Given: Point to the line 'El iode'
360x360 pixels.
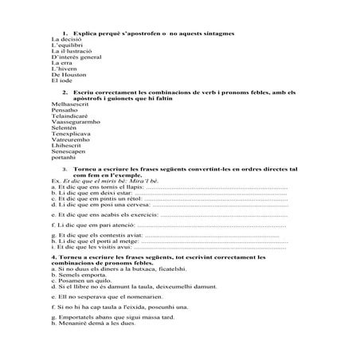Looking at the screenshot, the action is [x=61, y=83].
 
